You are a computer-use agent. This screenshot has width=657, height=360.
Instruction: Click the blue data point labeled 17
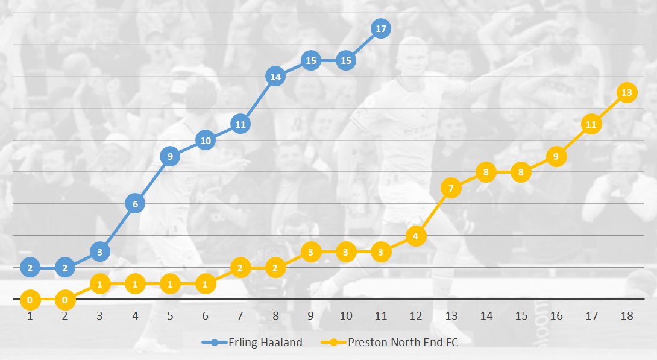[x=380, y=28]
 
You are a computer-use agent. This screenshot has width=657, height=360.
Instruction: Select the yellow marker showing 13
[x=626, y=93]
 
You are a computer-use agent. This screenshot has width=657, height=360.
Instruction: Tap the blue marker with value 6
[x=135, y=204]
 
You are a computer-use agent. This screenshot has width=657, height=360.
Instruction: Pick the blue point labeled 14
[x=275, y=77]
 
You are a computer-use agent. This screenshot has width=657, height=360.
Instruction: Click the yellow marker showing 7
[x=451, y=188]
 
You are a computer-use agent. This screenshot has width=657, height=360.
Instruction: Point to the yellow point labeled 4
[x=416, y=236]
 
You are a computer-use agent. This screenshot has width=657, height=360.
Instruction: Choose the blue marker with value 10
[x=205, y=141]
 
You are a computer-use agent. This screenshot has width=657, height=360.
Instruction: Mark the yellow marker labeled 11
[x=591, y=125]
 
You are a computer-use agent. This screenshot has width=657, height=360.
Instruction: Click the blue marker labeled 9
[x=170, y=156]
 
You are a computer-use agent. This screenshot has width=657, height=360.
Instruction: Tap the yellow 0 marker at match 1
[x=30, y=298]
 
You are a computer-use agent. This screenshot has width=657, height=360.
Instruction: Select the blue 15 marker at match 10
[x=345, y=61]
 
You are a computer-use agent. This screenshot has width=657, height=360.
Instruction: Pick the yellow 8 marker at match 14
[x=486, y=172]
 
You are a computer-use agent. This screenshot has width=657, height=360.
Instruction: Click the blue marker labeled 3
[x=100, y=251]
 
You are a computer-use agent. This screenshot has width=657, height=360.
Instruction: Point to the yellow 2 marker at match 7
[x=240, y=267]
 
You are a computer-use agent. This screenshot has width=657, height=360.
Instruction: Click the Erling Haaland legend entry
[x=253, y=343]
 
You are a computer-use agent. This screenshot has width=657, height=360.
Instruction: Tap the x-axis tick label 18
[x=626, y=316]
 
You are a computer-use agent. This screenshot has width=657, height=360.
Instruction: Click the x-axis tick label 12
[x=416, y=316]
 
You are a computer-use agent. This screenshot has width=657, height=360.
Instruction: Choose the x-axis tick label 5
[x=170, y=316]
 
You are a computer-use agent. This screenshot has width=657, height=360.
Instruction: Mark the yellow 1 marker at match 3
[x=100, y=283]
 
